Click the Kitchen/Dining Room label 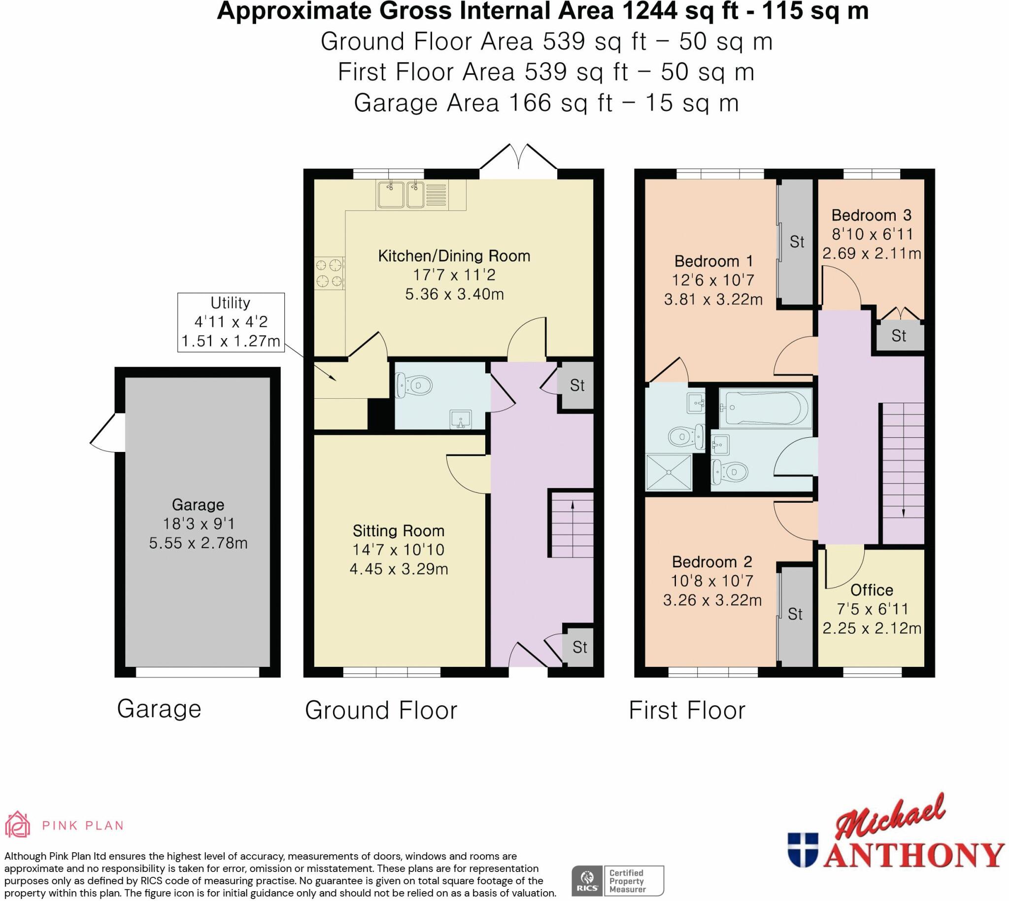pyautogui.click(x=454, y=256)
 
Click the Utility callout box pyautogui.click(x=231, y=322)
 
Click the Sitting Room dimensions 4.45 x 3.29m pyautogui.click(x=399, y=569)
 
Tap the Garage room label pyautogui.click(x=198, y=504)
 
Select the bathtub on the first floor pyautogui.click(x=765, y=408)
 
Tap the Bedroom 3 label pyautogui.click(x=871, y=215)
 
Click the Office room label pyautogui.click(x=872, y=590)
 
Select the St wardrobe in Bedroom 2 pyautogui.click(x=795, y=614)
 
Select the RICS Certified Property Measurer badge pyautogui.click(x=618, y=881)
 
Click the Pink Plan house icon pyautogui.click(x=18, y=825)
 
